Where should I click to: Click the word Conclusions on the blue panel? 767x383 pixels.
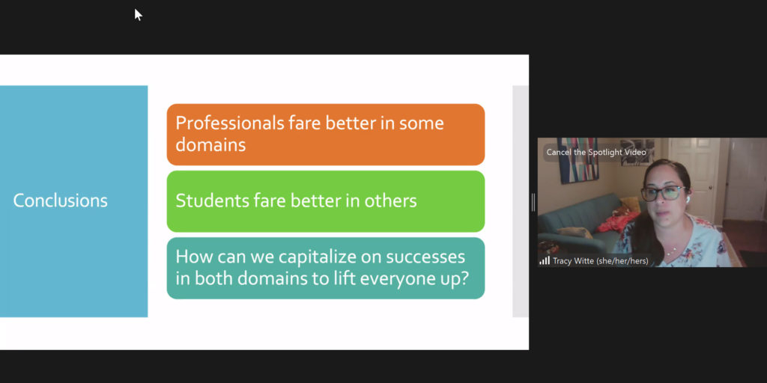click(60, 200)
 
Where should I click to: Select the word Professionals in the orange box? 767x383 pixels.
click(229, 123)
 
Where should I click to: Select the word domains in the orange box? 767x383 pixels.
click(210, 144)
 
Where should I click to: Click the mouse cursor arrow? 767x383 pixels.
click(139, 15)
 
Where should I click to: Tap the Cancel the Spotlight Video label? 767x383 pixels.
click(596, 153)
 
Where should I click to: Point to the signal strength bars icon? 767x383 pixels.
click(545, 261)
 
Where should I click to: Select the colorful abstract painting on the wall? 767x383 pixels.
click(578, 161)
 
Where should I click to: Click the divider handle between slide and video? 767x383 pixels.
click(533, 202)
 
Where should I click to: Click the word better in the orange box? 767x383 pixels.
click(350, 123)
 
